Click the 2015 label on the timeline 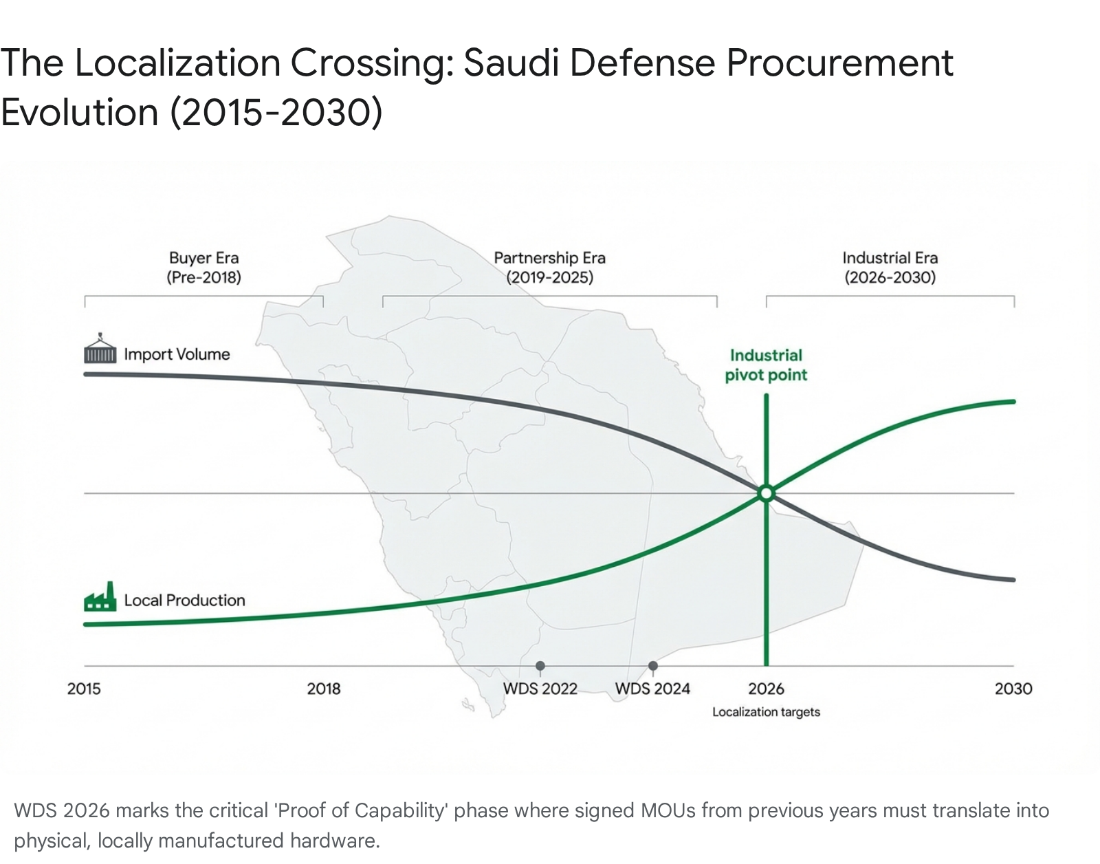point(84,689)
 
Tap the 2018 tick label point(324,689)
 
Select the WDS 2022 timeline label point(540,689)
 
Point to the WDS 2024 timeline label point(652,689)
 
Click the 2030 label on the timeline point(1013,689)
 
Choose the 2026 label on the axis point(766,689)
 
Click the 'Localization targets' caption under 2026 point(766,712)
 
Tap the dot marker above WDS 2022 point(540,666)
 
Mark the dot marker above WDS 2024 point(653,666)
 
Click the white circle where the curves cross point(766,493)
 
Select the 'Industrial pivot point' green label point(766,365)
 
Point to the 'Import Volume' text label point(177,354)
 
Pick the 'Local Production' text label point(184,601)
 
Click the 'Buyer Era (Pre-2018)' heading point(204,268)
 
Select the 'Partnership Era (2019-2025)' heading point(550,268)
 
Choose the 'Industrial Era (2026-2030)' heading point(890,268)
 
